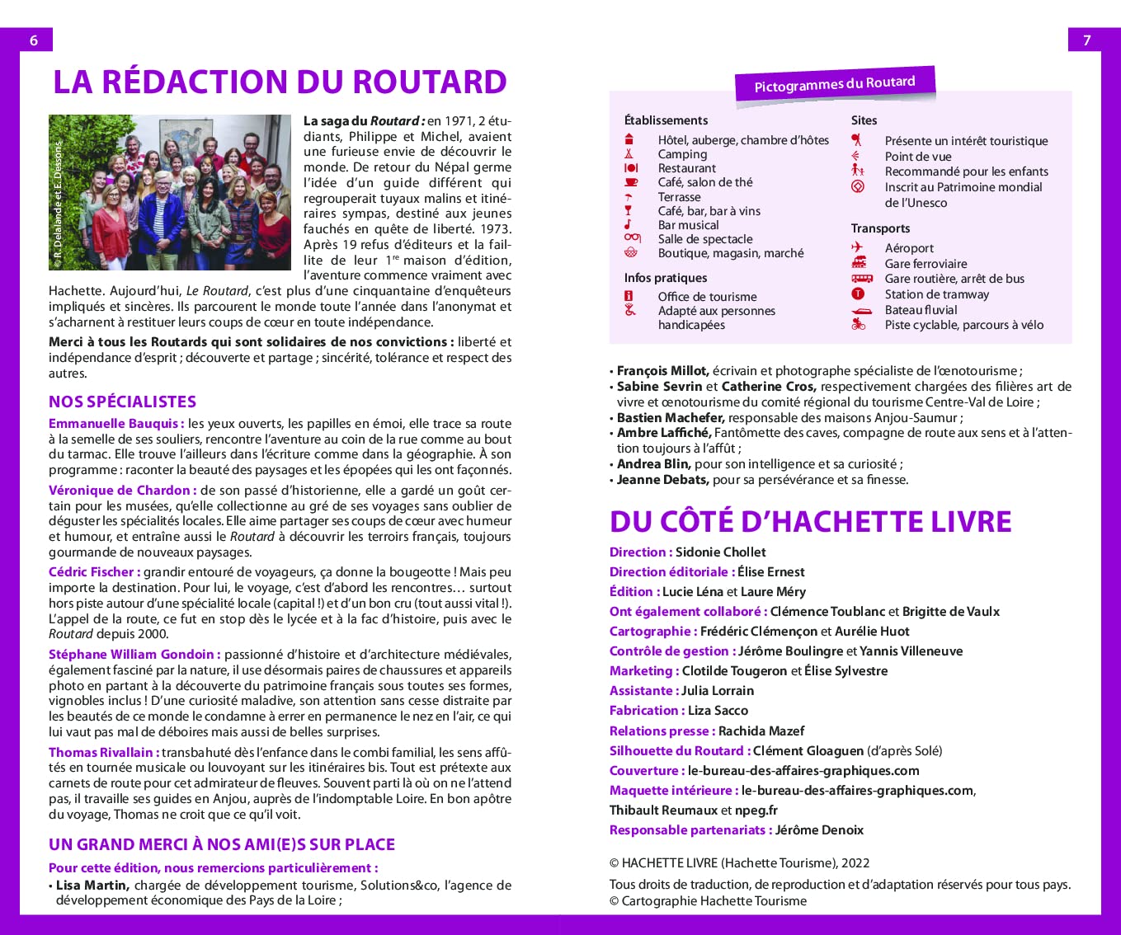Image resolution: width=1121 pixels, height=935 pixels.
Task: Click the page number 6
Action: [x=34, y=40]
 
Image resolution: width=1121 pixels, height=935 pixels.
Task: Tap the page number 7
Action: [x=1086, y=40]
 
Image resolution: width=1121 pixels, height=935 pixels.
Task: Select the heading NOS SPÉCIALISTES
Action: [x=122, y=402]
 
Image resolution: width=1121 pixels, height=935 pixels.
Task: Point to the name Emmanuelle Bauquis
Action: [x=114, y=424]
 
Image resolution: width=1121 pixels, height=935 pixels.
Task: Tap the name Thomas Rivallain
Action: [x=101, y=752]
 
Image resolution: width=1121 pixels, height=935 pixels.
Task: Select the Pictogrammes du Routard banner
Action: [x=834, y=84]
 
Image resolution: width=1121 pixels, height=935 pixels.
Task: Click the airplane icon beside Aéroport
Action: [x=858, y=247]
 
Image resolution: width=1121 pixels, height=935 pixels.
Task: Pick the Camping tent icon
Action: [x=629, y=154]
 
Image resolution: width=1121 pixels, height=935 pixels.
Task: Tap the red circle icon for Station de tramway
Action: [x=858, y=294]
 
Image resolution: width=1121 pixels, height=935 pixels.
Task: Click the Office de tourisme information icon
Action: [x=629, y=297]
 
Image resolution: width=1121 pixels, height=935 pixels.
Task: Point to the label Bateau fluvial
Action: [x=921, y=310]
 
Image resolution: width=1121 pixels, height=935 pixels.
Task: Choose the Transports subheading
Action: [x=880, y=228]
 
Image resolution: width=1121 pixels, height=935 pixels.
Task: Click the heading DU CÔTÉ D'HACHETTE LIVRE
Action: [x=810, y=521]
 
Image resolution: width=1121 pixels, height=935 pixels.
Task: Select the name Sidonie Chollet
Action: [x=720, y=552]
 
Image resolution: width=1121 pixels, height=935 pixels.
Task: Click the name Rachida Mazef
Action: [x=761, y=731]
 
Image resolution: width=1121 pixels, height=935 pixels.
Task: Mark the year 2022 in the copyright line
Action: [x=855, y=863]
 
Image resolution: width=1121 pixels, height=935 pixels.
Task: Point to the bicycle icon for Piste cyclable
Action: [x=858, y=325]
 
